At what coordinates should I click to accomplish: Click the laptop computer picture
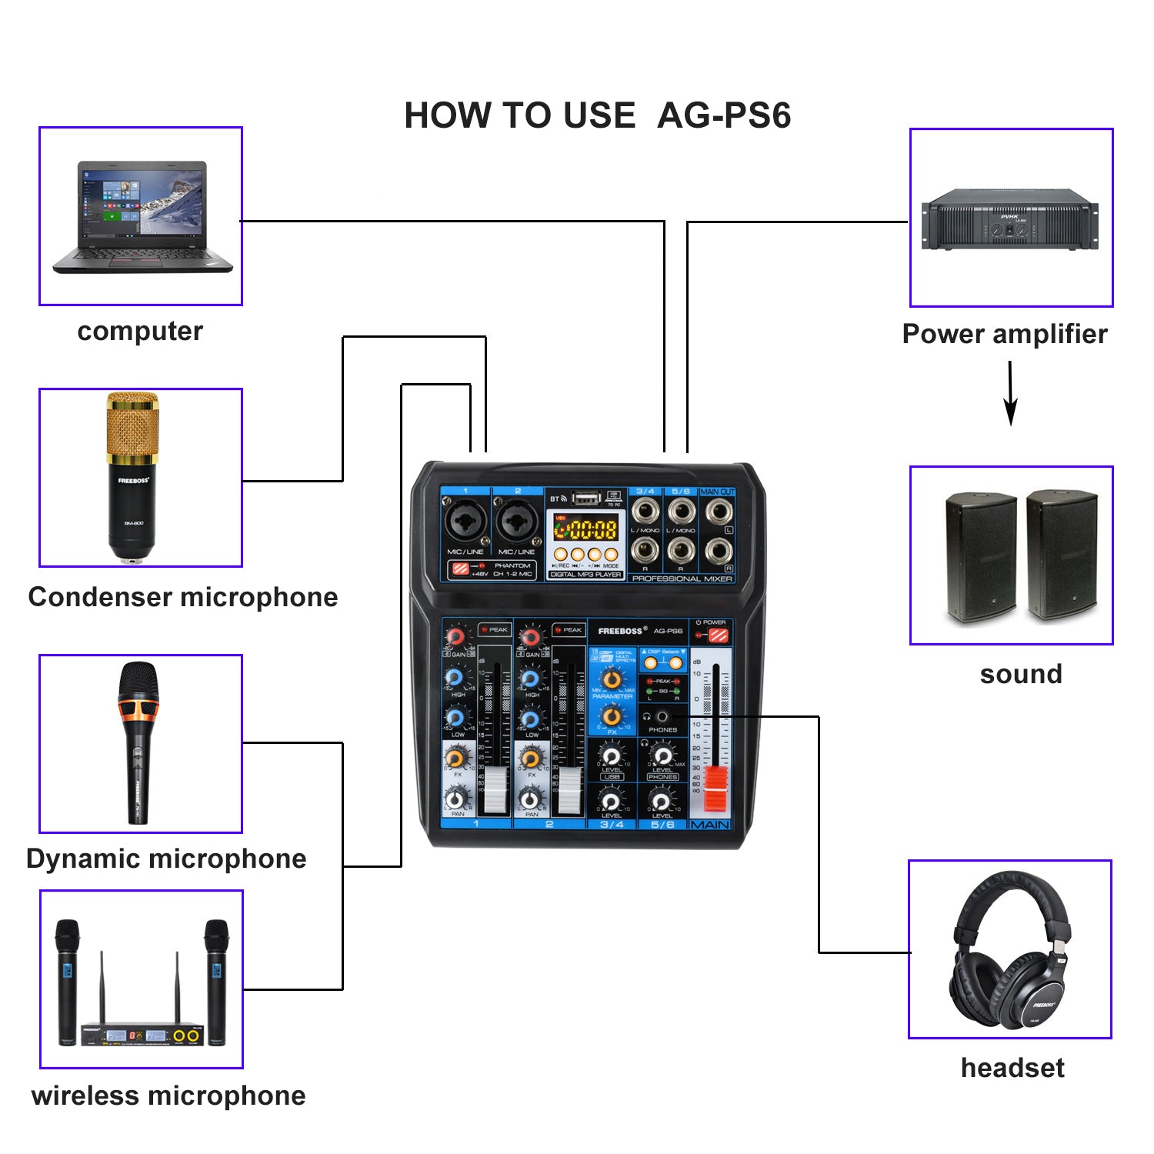[142, 217]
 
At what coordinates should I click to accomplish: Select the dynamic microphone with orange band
[138, 742]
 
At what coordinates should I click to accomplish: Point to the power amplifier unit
[1010, 219]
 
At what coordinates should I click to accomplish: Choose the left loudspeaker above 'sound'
[980, 556]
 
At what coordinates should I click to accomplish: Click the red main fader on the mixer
[716, 789]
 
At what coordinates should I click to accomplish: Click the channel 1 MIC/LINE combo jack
[465, 522]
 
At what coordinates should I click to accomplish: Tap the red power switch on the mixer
[718, 635]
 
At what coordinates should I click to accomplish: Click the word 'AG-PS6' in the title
[724, 115]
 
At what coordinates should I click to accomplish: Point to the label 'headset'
[1012, 1068]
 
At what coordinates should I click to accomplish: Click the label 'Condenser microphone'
[183, 597]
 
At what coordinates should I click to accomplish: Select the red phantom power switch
[460, 569]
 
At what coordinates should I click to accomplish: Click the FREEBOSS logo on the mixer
[620, 631]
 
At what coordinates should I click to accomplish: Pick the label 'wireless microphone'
[168, 1096]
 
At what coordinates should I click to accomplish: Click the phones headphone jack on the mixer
[662, 717]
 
